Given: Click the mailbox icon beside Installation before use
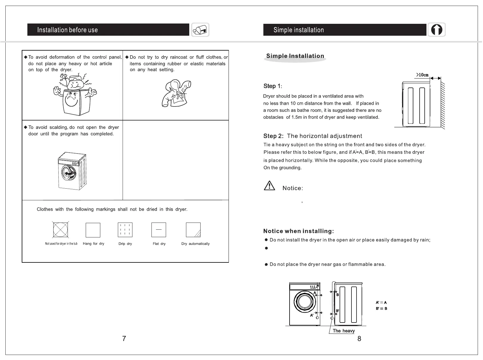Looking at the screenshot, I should tap(200, 30).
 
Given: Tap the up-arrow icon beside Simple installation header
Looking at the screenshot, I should tap(437, 30).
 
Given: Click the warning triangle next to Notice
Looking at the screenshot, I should tap(269, 186).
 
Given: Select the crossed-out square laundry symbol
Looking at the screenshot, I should tap(60, 230).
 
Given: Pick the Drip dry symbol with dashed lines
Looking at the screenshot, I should tap(125, 230).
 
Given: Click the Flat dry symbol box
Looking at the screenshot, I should tap(159, 230).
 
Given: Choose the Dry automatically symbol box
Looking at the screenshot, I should tap(193, 230).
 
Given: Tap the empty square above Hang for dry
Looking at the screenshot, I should tap(93, 230).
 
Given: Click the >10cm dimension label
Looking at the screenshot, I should tap(422, 75).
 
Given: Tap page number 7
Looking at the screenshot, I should tap(124, 339).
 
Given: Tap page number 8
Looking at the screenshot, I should tap(359, 339).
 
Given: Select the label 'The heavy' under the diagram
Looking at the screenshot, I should tap(344, 331).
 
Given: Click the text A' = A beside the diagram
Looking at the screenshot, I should tap(381, 303).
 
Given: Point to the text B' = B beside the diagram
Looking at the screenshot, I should tap(381, 309).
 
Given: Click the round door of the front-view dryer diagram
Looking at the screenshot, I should tap(304, 302).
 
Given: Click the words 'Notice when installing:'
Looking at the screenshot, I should tap(298, 231).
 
